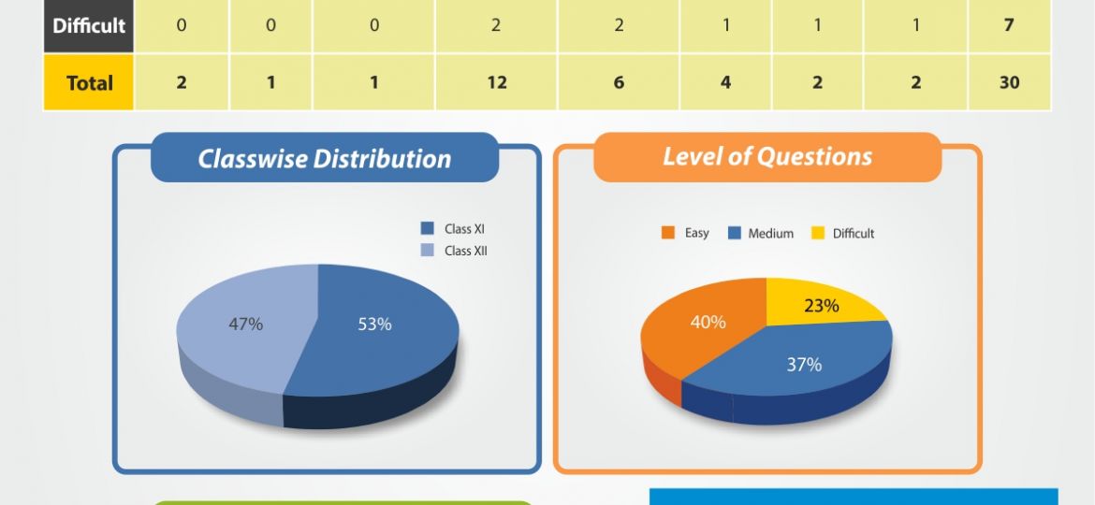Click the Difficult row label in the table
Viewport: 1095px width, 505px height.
click(x=89, y=25)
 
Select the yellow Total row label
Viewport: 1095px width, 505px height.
click(x=89, y=82)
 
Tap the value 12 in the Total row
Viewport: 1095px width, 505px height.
click(x=497, y=82)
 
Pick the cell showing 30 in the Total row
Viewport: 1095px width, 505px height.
click(x=1008, y=82)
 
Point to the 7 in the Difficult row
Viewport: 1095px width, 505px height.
click(x=1008, y=25)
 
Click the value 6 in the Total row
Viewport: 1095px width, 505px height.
click(x=619, y=82)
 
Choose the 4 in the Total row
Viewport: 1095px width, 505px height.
click(x=725, y=82)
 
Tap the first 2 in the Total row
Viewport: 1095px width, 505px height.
click(x=181, y=82)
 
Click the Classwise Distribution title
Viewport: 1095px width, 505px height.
click(x=324, y=158)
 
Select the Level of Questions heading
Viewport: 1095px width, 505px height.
click(x=767, y=156)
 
